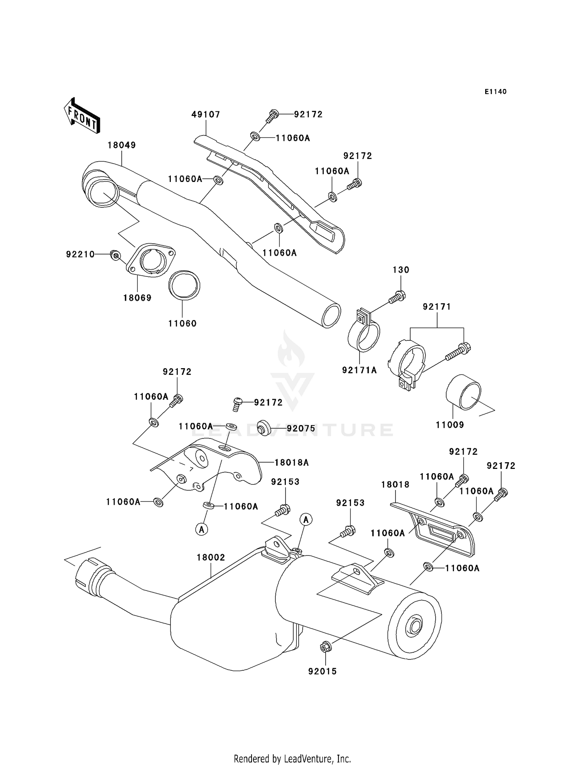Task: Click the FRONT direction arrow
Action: [82, 116]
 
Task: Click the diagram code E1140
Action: [495, 92]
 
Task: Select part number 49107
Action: [206, 114]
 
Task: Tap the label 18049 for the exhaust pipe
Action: [122, 145]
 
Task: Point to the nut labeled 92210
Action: [115, 255]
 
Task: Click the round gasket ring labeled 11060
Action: [184, 285]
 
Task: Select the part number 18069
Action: [137, 298]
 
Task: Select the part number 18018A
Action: [291, 463]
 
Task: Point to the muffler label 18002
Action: [211, 558]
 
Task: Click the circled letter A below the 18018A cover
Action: [202, 529]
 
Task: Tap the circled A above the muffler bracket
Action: [306, 519]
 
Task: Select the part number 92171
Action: [437, 307]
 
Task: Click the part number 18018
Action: [395, 485]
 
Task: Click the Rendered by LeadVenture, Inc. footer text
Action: [292, 759]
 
